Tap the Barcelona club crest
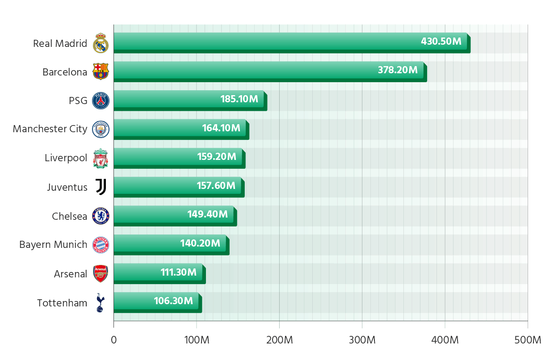[x=101, y=71]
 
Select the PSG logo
[x=101, y=100]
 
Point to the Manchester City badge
[x=101, y=129]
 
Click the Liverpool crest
[x=101, y=158]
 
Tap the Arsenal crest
[x=101, y=274]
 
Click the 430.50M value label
[x=441, y=42]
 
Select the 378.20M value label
[x=398, y=70]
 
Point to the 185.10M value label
[x=239, y=99]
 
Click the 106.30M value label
[x=173, y=301]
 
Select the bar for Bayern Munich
[x=170, y=243]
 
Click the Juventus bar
[x=177, y=186]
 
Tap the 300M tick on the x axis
[x=362, y=340]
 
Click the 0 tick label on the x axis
[x=114, y=340]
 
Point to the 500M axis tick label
[x=528, y=340]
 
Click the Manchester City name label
[x=50, y=129]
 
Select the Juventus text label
[x=67, y=187]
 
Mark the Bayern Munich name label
[x=53, y=245]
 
